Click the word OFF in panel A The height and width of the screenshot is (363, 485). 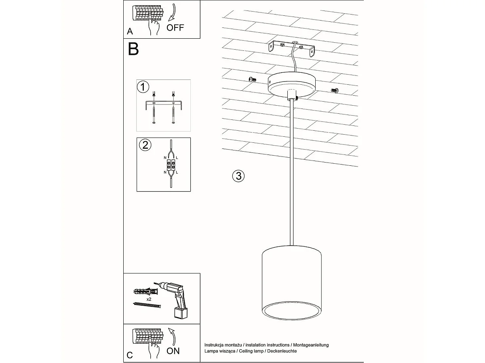(175, 28)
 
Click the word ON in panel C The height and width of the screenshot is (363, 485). (173, 350)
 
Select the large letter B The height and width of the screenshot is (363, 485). (133, 49)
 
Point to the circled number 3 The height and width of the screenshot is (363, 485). (238, 175)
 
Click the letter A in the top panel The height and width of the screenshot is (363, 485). (129, 31)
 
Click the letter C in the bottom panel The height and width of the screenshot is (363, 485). (129, 355)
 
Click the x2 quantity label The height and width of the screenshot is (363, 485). (149, 299)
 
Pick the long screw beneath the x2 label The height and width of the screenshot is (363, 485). (147, 307)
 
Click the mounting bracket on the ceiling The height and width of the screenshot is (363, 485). (292, 49)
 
